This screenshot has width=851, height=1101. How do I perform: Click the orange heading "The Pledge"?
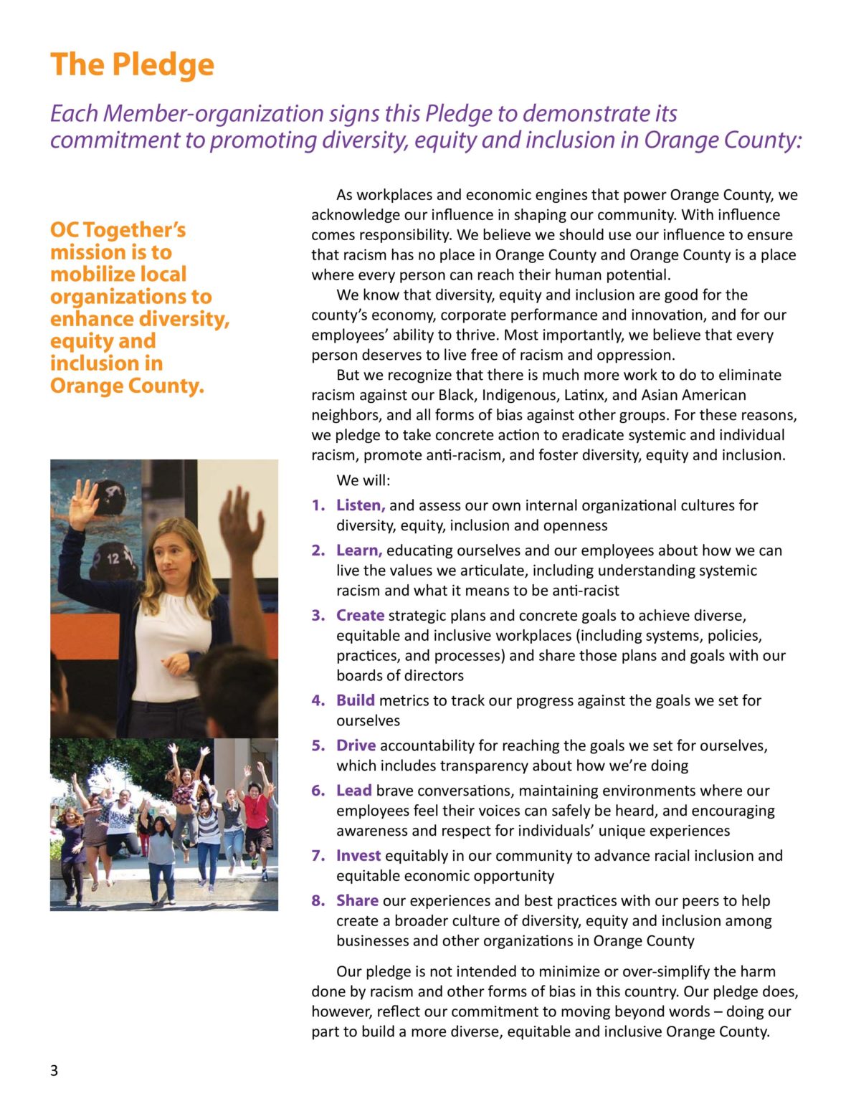pyautogui.click(x=132, y=65)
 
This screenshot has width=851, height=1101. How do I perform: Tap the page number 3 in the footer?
pyautogui.click(x=54, y=1071)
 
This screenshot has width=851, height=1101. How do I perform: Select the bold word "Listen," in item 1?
pyautogui.click(x=361, y=505)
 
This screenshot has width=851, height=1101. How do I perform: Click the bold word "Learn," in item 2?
pyautogui.click(x=358, y=550)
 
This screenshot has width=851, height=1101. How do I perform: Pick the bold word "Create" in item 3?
pyautogui.click(x=360, y=616)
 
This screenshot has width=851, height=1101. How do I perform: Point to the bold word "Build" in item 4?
pyautogui.click(x=355, y=700)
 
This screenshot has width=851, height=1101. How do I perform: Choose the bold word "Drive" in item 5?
pyautogui.click(x=356, y=745)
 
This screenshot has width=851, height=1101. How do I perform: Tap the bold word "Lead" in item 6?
pyautogui.click(x=353, y=791)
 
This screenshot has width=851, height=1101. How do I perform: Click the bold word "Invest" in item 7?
pyautogui.click(x=358, y=856)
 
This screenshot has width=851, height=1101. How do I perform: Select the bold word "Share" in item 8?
pyautogui.click(x=357, y=901)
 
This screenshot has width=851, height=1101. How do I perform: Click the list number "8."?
pyautogui.click(x=318, y=901)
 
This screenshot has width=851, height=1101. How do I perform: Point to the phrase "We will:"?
pyautogui.click(x=363, y=480)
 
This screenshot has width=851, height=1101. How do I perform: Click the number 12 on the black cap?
pyautogui.click(x=113, y=558)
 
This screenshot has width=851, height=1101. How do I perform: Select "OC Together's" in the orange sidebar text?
pyautogui.click(x=118, y=230)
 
